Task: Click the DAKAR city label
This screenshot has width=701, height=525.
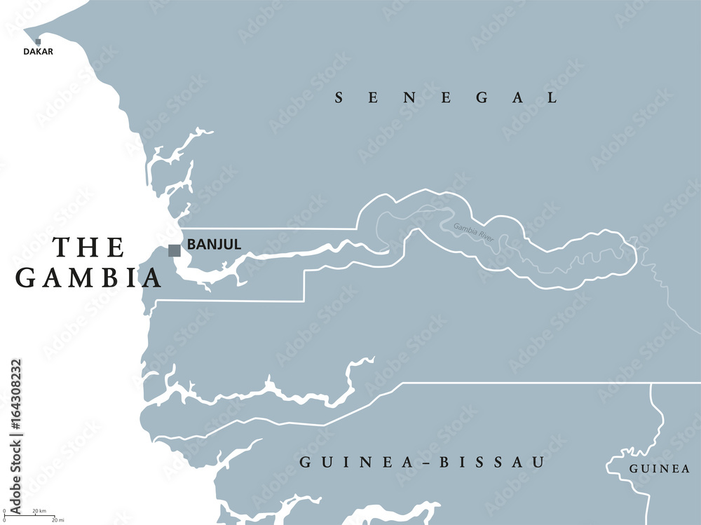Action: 38,51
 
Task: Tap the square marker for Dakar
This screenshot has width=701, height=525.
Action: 38,42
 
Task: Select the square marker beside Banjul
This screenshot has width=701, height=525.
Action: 175,250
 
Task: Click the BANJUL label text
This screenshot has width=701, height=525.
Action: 214,245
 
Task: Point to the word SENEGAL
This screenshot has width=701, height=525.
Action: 446,98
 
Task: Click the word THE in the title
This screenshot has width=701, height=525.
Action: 90,247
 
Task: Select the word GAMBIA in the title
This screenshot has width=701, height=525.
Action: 89,278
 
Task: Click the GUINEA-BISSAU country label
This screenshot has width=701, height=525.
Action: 422,463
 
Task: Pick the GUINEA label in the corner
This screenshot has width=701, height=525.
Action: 659,469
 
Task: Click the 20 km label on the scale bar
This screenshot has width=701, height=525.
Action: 39,510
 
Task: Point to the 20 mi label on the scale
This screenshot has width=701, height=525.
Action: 58,520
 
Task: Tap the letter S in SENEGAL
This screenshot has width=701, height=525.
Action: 339,98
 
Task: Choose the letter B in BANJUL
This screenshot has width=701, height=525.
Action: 191,245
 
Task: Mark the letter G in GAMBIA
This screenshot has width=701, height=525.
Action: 27,278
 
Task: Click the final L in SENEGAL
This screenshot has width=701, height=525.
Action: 552,98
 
